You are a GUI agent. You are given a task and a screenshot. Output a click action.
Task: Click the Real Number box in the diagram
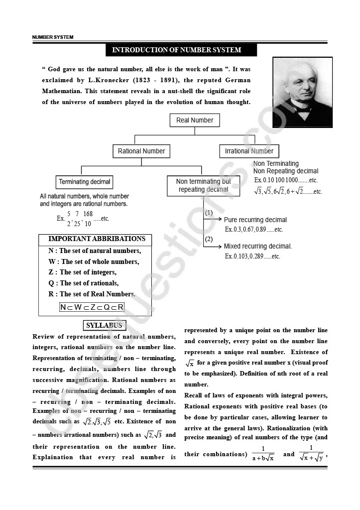point(195,120)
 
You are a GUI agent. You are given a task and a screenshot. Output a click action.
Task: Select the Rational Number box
point(141,151)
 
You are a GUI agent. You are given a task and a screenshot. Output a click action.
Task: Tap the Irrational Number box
point(249,151)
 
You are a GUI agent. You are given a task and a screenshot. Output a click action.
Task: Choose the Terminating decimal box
point(85,182)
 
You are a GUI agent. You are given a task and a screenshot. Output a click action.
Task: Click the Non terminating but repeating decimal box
point(204,185)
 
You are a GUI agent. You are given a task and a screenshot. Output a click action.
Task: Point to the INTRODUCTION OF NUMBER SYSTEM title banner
point(181,50)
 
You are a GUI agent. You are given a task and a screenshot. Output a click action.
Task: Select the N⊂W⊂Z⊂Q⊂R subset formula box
point(92,307)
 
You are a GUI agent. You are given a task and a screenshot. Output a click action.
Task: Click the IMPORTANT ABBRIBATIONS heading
point(97,239)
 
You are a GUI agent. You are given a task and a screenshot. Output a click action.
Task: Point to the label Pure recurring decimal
point(255,220)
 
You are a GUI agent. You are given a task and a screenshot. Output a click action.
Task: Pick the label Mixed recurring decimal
point(258,246)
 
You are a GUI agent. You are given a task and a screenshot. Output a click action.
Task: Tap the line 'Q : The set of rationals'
point(83,283)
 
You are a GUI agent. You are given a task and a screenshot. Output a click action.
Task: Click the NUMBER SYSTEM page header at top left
point(53,37)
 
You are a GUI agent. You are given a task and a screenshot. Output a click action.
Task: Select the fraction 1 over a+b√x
point(263,454)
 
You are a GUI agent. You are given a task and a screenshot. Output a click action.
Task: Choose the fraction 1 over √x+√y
point(311,454)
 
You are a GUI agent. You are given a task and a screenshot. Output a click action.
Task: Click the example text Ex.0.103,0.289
point(252,256)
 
